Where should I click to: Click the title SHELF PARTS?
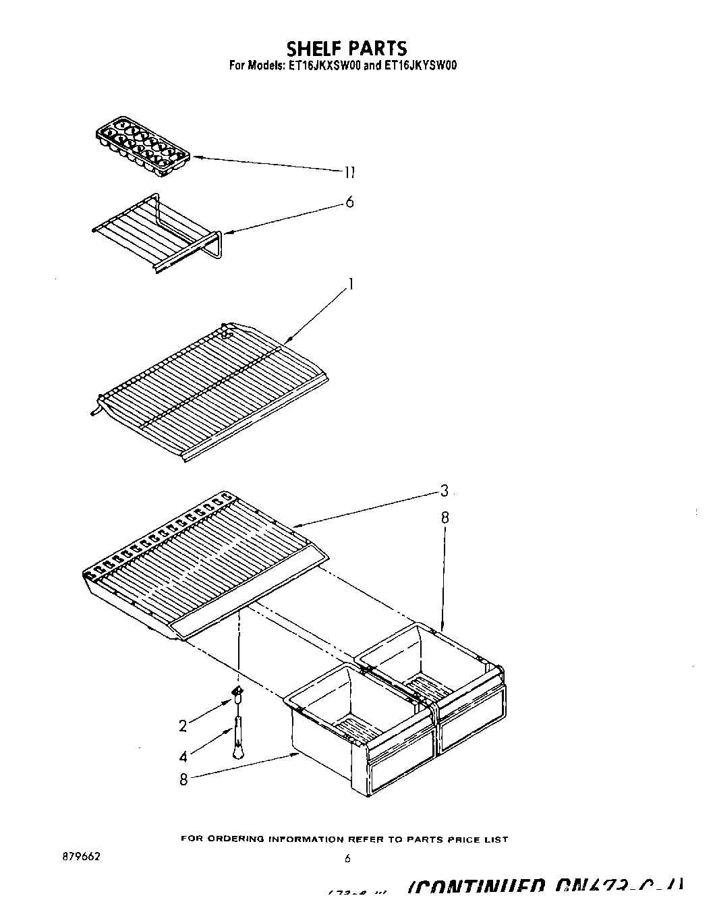pyautogui.click(x=347, y=49)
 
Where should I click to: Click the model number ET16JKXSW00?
pyautogui.click(x=322, y=66)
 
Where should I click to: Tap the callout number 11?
pyautogui.click(x=349, y=173)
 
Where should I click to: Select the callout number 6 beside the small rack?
pyautogui.click(x=349, y=202)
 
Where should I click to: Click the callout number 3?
pyautogui.click(x=444, y=491)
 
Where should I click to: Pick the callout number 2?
pyautogui.click(x=183, y=726)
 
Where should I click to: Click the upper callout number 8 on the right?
pyautogui.click(x=445, y=518)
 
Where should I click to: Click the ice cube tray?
pyautogui.click(x=143, y=146)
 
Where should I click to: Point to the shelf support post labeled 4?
pyautogui.click(x=238, y=739)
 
